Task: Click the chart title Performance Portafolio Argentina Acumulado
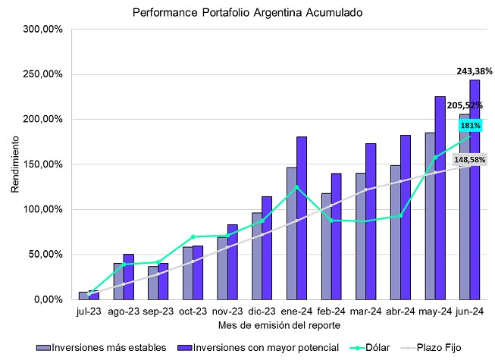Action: [247, 13]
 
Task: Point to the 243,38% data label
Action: [475, 71]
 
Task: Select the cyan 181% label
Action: [469, 125]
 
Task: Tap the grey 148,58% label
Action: [471, 160]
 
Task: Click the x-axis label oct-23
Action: [193, 311]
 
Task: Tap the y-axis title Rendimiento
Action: [14, 164]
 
